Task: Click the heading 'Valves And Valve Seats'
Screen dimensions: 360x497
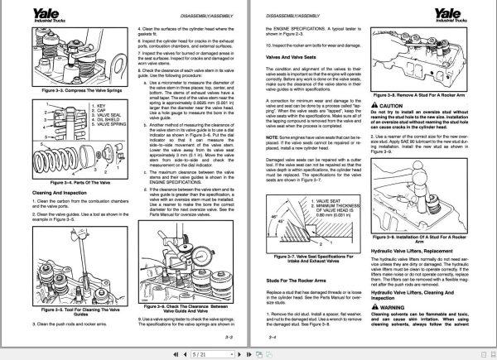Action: (292, 57)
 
